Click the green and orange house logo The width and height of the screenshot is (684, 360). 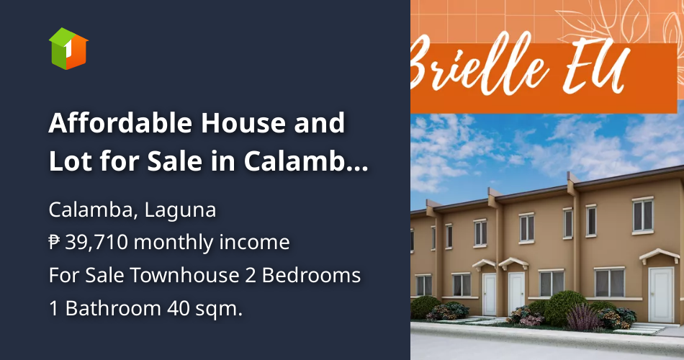pyautogui.click(x=68, y=48)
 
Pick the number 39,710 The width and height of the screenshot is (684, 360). pyautogui.click(x=96, y=243)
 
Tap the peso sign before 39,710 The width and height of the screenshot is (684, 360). pyautogui.click(x=55, y=243)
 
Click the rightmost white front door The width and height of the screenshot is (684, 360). pyautogui.click(x=660, y=295)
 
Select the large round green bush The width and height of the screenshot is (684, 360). pyautogui.click(x=566, y=307)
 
